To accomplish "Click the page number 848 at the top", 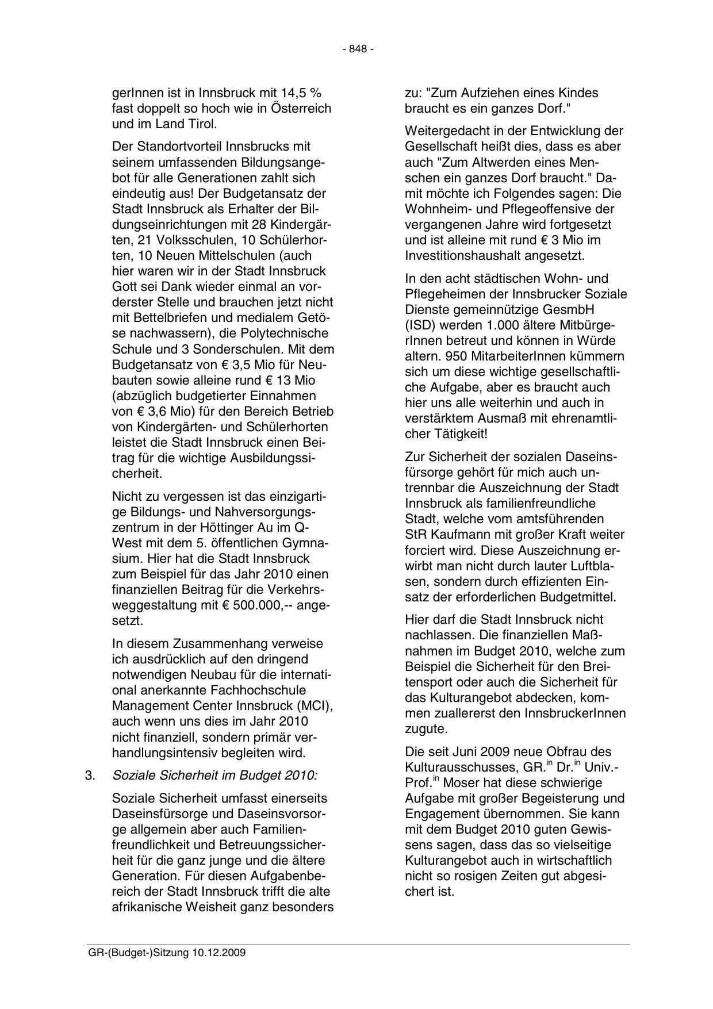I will tap(358, 49).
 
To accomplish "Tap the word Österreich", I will tap(301, 108).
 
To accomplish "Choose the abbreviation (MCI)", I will tap(317, 705).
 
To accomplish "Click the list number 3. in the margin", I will tap(89, 775).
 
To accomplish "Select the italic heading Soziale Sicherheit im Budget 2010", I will tap(214, 775).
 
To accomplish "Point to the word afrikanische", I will tap(147, 907).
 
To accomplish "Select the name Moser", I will tap(462, 782).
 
